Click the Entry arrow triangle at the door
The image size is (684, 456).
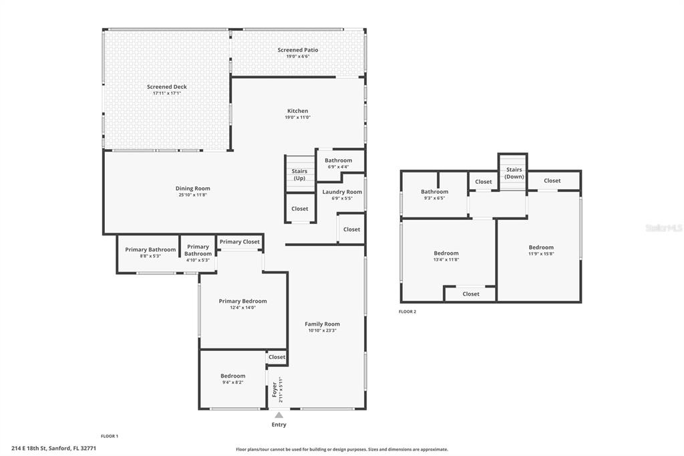(279, 415)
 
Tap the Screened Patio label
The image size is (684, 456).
(298, 49)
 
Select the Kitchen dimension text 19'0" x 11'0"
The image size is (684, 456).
(298, 117)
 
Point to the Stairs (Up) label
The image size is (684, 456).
(299, 175)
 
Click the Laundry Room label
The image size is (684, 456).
(342, 192)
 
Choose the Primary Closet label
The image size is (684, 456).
(240, 241)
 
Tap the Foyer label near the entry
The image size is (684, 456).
(275, 390)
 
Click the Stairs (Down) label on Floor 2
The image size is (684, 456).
(514, 173)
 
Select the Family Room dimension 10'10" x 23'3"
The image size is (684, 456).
(323, 331)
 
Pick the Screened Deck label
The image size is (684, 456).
(166, 87)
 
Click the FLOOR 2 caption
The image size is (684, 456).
(407, 312)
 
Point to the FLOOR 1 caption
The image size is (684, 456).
(110, 436)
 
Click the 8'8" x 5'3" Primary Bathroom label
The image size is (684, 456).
(150, 249)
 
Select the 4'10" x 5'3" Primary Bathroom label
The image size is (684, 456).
(198, 250)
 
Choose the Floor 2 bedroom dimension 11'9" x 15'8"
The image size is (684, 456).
(541, 254)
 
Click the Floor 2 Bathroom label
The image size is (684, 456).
(434, 191)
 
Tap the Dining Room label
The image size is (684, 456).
(193, 189)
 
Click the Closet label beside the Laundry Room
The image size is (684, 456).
(351, 229)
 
